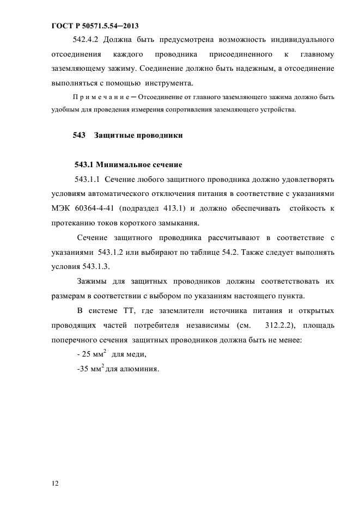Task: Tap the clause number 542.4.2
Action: click(x=86, y=39)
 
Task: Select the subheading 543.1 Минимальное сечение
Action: click(x=128, y=164)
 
